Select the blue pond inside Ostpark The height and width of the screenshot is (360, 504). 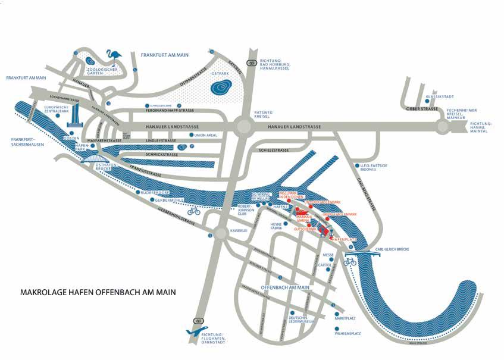221,88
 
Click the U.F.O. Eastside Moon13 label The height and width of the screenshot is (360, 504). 372,168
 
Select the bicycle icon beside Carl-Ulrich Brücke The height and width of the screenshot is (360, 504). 350,261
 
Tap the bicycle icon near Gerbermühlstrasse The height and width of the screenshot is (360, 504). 193,211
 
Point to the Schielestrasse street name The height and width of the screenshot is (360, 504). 276,151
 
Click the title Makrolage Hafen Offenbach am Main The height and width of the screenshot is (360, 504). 98,292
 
